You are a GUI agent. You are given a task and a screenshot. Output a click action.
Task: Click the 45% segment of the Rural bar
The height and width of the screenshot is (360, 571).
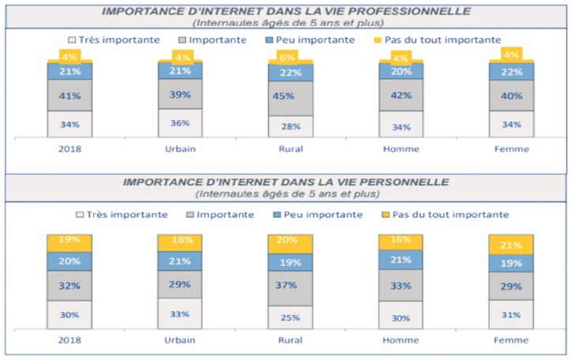click(x=291, y=98)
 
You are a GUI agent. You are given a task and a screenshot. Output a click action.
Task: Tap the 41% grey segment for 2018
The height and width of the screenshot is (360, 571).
click(x=69, y=95)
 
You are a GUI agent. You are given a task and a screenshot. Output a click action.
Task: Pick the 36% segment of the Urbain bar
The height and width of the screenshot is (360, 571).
click(x=180, y=122)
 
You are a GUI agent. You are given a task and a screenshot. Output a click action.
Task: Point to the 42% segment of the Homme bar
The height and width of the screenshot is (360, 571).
click(x=401, y=95)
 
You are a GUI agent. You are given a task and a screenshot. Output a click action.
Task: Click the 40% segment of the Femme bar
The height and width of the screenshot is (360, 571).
click(x=511, y=96)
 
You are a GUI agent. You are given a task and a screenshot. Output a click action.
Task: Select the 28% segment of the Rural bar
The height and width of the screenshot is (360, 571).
click(x=291, y=126)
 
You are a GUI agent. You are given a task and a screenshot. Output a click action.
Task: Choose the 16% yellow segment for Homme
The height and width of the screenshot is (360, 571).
click(x=401, y=240)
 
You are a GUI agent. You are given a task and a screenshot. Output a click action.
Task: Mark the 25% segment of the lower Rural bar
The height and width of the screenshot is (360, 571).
click(x=291, y=317)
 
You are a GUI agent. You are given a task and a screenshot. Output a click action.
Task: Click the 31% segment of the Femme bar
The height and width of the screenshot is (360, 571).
click(x=511, y=315)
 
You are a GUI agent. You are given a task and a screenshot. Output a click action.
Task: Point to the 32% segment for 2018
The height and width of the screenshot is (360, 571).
click(x=69, y=286)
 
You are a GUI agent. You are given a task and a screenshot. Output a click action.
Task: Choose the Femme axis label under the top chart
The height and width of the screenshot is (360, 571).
click(x=511, y=148)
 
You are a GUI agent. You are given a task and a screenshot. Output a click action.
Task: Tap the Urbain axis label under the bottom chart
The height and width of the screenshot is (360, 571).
click(x=180, y=340)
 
